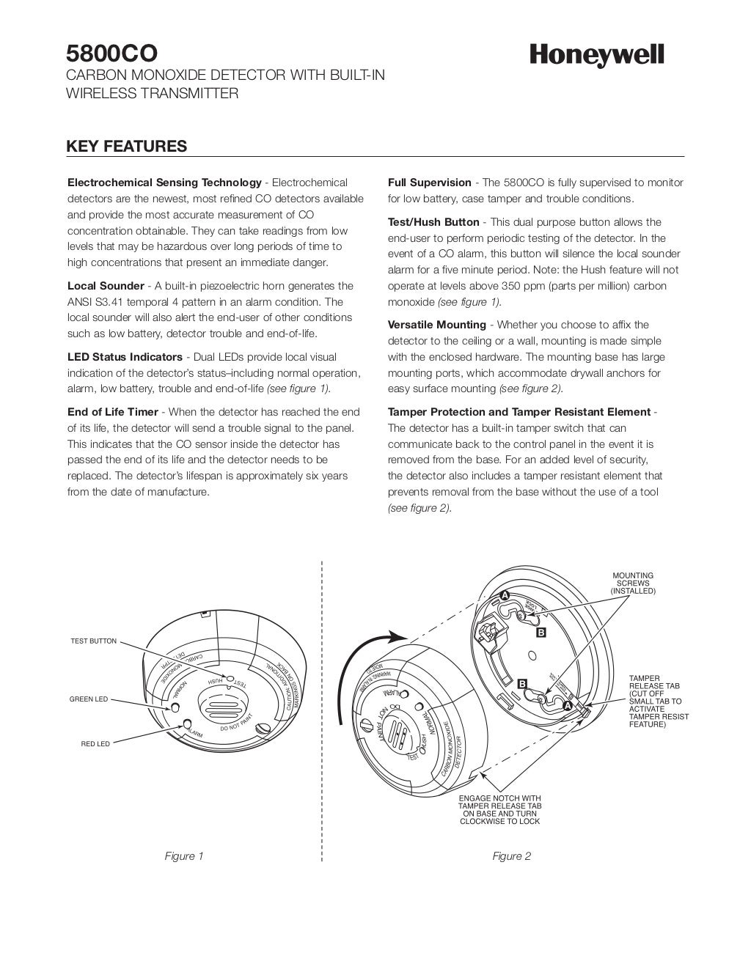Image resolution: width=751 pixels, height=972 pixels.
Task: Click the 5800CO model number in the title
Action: point(111,54)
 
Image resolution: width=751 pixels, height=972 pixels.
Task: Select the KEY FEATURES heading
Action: point(126,146)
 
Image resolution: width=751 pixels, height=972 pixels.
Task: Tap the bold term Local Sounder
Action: point(106,286)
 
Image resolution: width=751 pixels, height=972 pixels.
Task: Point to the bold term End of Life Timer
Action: point(113,412)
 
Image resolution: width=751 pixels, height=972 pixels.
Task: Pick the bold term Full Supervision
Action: point(429,183)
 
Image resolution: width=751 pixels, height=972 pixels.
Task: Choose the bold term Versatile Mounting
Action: point(436,325)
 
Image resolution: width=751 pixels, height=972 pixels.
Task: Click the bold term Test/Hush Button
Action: point(433,222)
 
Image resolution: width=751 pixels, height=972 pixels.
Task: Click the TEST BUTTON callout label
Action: point(93,641)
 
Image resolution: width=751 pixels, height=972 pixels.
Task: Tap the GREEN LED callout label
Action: point(88,699)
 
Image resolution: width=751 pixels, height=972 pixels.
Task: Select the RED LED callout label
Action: point(95,744)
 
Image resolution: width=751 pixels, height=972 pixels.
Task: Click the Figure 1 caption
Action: point(184,856)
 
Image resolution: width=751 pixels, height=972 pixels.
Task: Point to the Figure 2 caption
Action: point(512,856)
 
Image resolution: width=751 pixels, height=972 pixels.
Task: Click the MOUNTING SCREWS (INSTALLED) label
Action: point(633,583)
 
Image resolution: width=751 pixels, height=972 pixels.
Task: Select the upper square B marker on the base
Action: point(541,632)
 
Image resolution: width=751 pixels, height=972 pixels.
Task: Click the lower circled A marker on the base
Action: point(567,705)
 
